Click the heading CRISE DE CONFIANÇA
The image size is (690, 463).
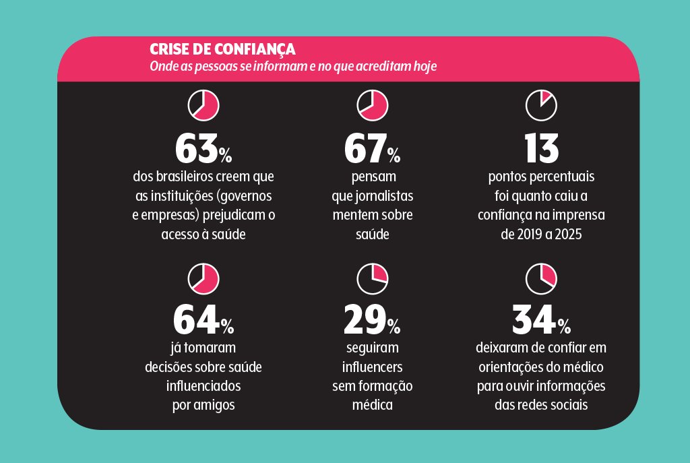(x=222, y=50)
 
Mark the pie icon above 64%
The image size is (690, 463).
(x=203, y=278)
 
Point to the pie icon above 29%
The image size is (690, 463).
(x=373, y=278)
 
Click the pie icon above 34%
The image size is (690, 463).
(x=541, y=278)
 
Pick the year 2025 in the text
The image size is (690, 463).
(x=568, y=235)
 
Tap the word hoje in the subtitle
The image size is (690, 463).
(x=424, y=67)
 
